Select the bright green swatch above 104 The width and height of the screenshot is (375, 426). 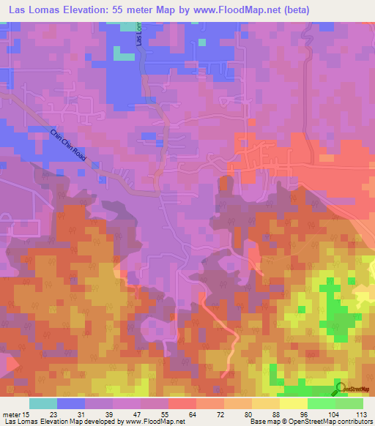(x=321, y=403)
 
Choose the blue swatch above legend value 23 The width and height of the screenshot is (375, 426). (x=70, y=403)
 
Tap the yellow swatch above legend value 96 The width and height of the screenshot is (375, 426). (x=293, y=403)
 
